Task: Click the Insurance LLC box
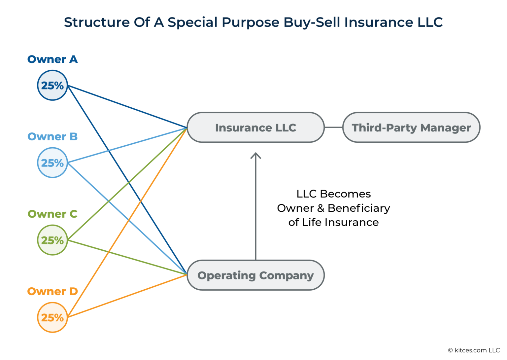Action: point(255,127)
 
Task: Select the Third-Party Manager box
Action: point(411,127)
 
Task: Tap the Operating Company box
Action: point(255,275)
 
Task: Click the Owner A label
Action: point(52,59)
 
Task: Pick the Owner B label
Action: point(52,137)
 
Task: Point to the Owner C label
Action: point(52,214)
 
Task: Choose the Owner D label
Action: point(52,291)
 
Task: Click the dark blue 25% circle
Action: point(52,86)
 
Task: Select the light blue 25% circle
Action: point(52,163)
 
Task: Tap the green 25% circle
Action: point(52,240)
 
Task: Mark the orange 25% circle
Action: point(52,317)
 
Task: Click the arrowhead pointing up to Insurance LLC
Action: point(255,155)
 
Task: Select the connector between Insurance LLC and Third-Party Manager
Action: point(333,127)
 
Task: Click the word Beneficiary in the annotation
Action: point(359,208)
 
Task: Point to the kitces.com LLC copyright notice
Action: point(474,350)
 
